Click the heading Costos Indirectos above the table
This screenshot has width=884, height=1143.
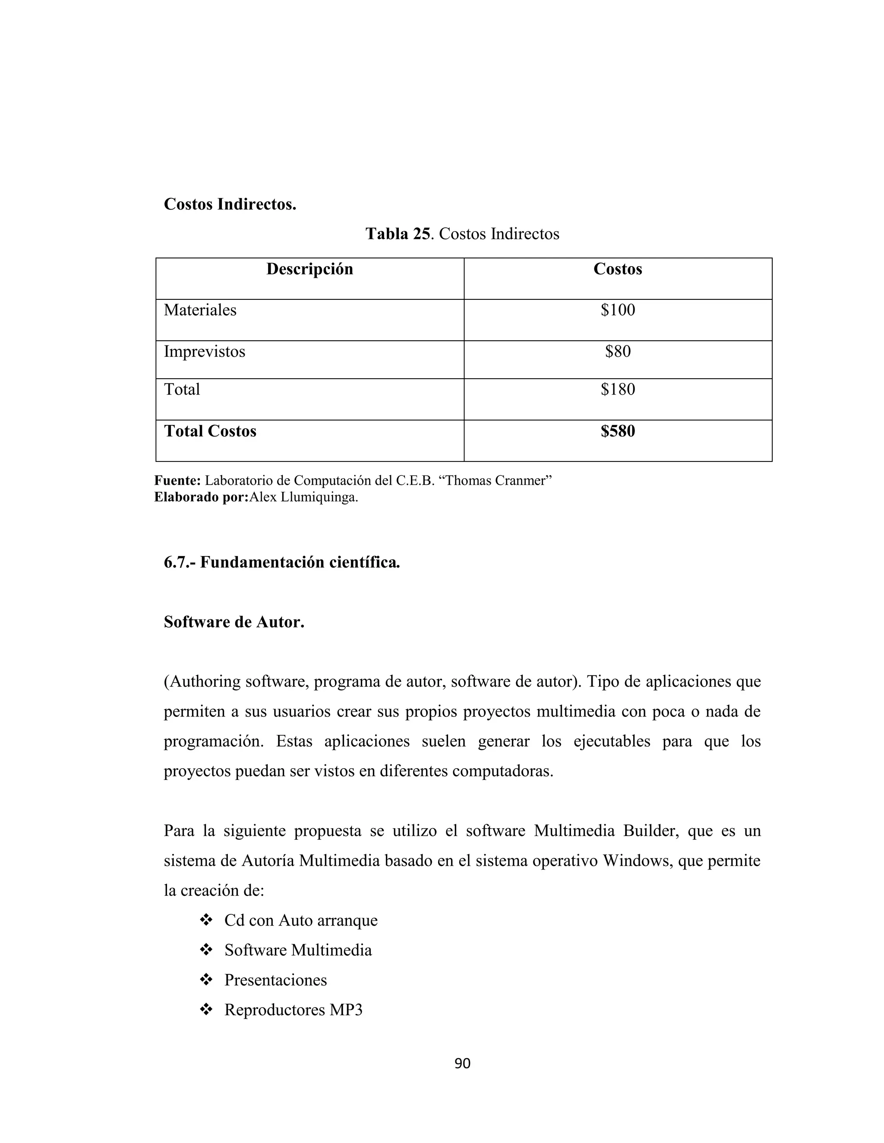coord(230,204)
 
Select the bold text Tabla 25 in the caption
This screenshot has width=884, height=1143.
coord(398,234)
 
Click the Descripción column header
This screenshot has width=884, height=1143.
coord(309,269)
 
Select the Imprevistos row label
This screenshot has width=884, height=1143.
coord(204,352)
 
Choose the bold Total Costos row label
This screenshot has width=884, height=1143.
coord(210,431)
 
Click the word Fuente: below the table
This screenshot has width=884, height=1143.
coord(177,480)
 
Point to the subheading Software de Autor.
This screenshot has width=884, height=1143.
coord(234,622)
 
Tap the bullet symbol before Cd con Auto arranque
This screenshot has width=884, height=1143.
coord(206,920)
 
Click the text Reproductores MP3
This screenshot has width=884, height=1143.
coord(293,1010)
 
